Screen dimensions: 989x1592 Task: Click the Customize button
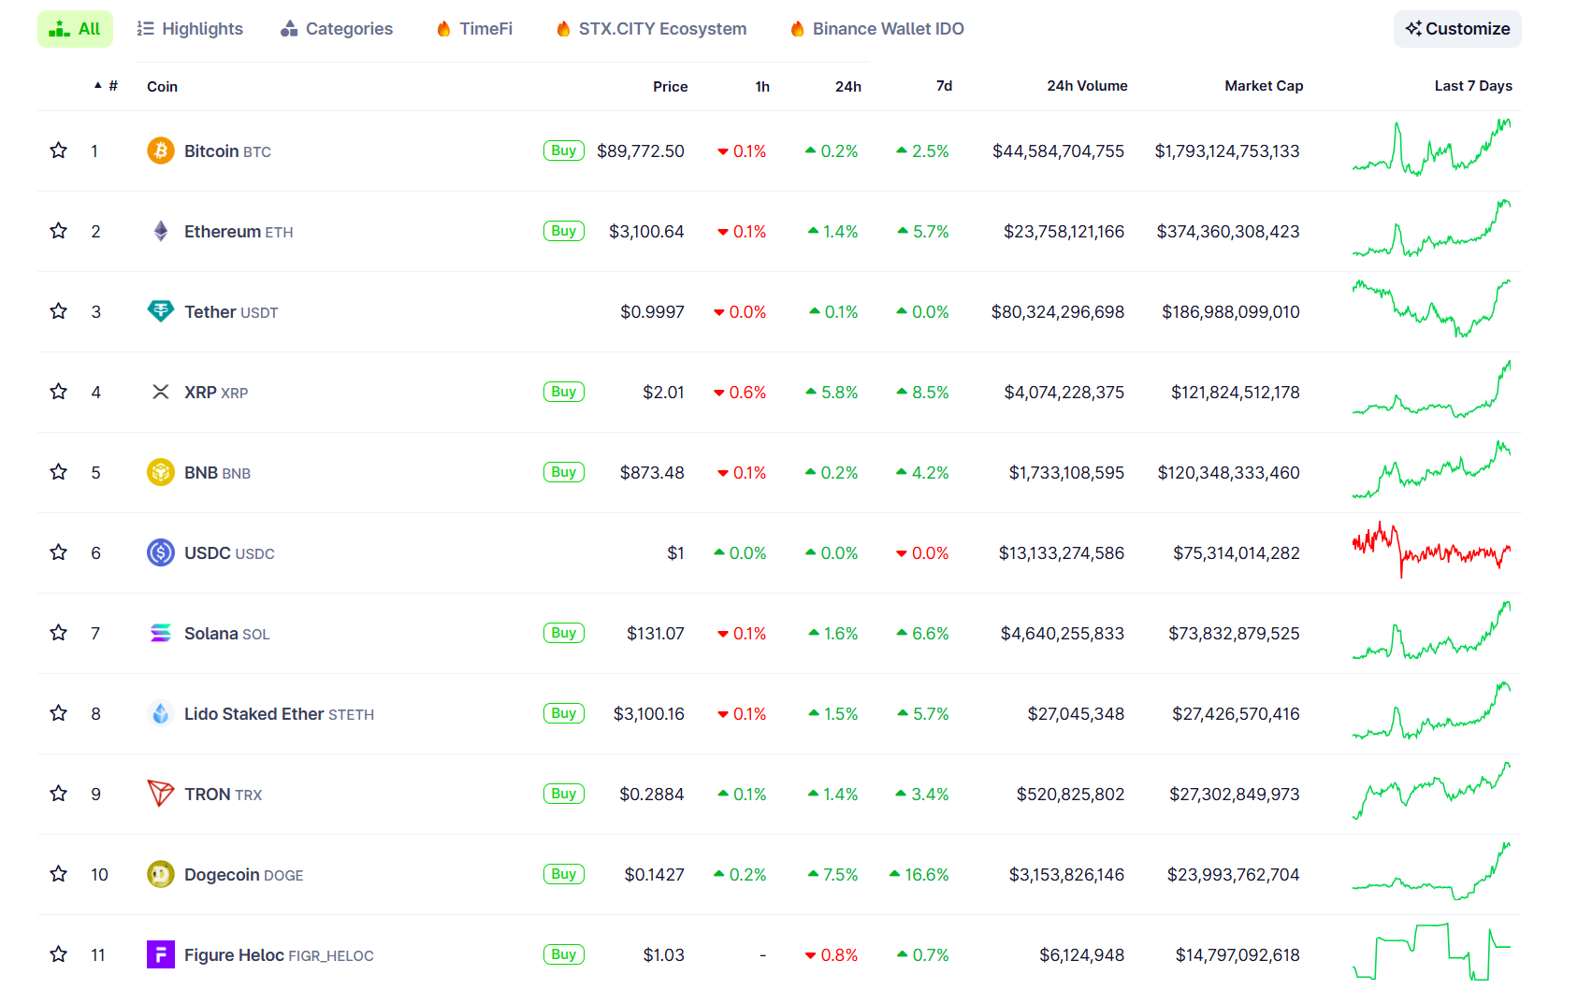click(x=1457, y=29)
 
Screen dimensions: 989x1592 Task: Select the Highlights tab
click(x=190, y=29)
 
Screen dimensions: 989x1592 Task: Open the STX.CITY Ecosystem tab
click(x=651, y=29)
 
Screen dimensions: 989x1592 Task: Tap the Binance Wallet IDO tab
click(x=876, y=29)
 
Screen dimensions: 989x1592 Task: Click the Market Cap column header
click(x=1263, y=86)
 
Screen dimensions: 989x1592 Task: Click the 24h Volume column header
click(x=1086, y=86)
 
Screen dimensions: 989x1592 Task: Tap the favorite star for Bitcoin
click(x=59, y=150)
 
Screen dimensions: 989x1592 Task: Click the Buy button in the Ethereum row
click(x=563, y=231)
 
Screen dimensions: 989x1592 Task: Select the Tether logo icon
click(x=161, y=311)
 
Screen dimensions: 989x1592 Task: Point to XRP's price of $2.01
click(x=663, y=393)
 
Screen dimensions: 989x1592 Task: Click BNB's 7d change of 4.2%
click(x=923, y=473)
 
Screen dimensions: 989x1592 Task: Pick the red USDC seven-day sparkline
click(x=1431, y=552)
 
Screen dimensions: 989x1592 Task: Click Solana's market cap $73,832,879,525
click(x=1234, y=634)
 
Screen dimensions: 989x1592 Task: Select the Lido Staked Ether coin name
click(x=253, y=714)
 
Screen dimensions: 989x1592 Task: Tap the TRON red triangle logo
click(x=161, y=794)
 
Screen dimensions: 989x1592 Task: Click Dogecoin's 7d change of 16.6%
click(x=919, y=875)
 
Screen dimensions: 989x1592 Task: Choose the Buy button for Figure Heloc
click(x=563, y=954)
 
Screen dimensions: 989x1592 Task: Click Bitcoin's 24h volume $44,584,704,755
click(x=1058, y=151)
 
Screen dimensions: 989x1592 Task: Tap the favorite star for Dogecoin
click(x=59, y=874)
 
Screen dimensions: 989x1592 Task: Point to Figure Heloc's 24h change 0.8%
click(x=832, y=955)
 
